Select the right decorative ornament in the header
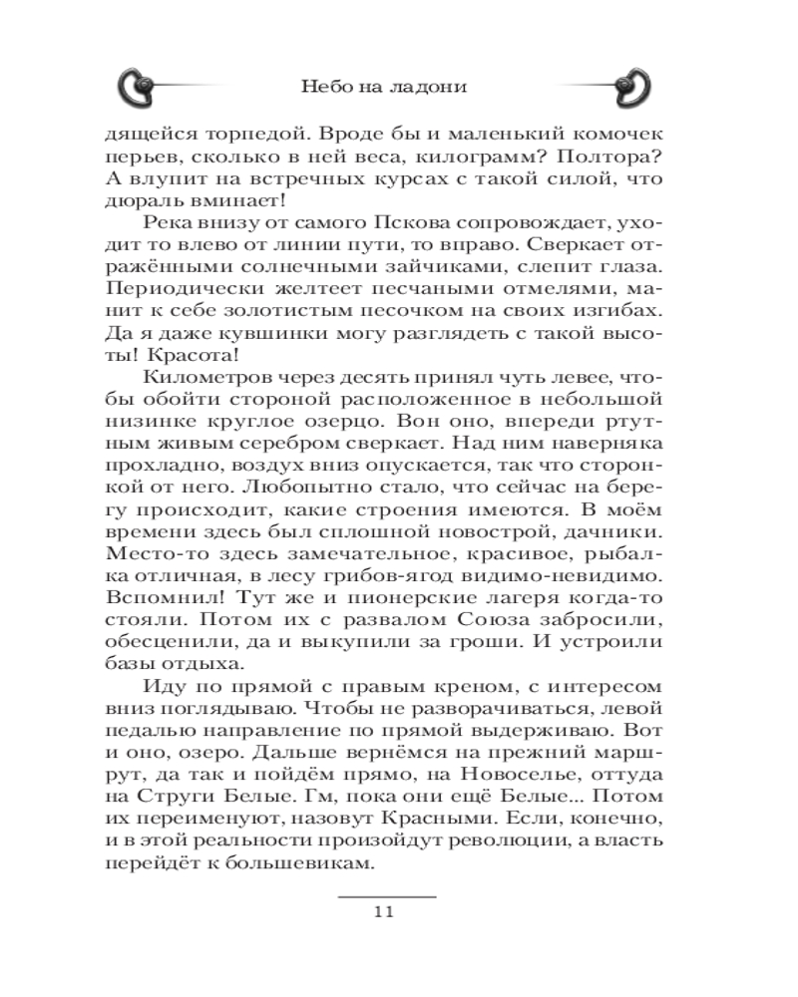tap(625, 87)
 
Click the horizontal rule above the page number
tap(387, 893)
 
